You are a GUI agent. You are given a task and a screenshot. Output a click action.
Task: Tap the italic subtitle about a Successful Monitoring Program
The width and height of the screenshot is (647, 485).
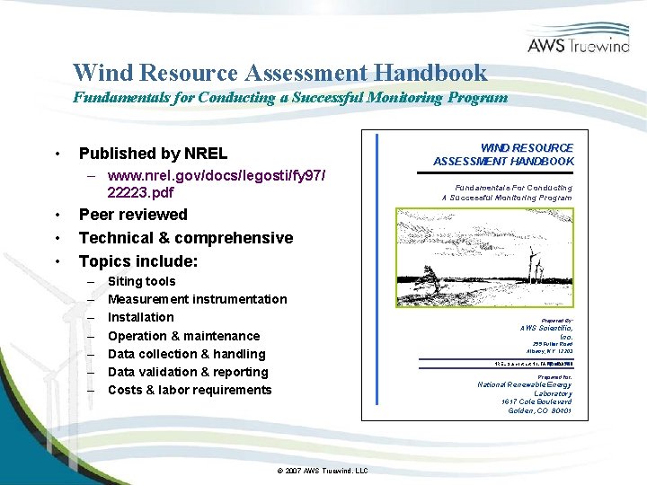click(x=289, y=97)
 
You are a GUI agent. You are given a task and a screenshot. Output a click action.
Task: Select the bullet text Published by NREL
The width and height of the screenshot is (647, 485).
click(x=153, y=154)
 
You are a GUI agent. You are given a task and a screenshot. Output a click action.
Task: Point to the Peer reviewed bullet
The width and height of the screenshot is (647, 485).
click(x=133, y=215)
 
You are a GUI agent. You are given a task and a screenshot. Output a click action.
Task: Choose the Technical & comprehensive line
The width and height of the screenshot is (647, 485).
click(x=185, y=238)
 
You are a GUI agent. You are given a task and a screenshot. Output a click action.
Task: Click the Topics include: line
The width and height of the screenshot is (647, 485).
click(x=138, y=261)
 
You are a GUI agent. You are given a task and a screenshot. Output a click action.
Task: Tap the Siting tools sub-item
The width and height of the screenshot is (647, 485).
click(x=141, y=281)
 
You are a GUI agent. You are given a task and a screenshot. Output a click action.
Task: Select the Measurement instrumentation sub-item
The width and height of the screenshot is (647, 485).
click(x=197, y=299)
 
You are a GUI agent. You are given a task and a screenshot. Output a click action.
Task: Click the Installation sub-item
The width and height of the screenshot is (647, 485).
click(x=141, y=317)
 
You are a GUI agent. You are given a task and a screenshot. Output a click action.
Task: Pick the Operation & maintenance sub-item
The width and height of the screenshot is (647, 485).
click(x=183, y=336)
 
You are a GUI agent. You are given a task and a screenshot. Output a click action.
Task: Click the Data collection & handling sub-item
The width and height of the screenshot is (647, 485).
click(x=186, y=354)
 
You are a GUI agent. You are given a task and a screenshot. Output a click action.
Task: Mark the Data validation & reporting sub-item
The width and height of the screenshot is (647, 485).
click(x=188, y=372)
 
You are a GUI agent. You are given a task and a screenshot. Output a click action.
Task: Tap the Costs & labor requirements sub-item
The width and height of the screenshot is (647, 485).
click(x=189, y=390)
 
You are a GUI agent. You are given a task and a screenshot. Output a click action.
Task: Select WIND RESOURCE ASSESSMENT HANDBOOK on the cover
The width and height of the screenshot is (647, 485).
click(x=503, y=154)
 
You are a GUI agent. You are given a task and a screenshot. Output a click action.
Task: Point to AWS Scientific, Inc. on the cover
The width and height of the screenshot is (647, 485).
click(x=546, y=332)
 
